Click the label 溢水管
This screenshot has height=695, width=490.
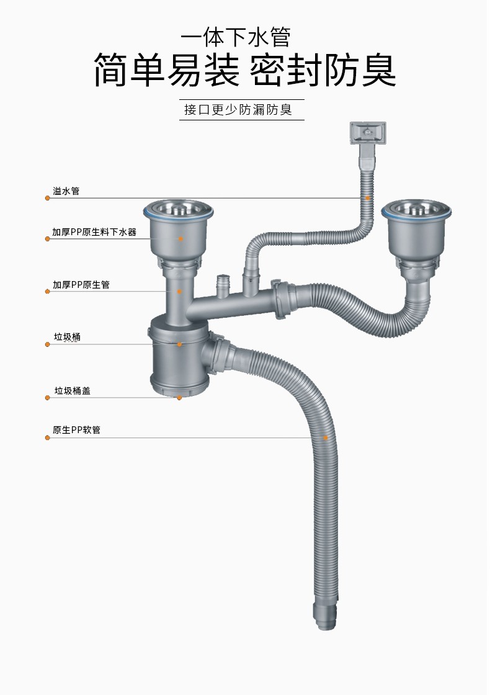(x=66, y=191)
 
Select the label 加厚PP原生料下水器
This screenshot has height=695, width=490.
(x=94, y=233)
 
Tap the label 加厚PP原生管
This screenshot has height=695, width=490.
(x=81, y=285)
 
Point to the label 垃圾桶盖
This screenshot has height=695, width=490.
(x=72, y=391)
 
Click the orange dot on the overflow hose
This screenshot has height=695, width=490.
(x=368, y=198)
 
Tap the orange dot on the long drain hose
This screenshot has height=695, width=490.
(x=326, y=438)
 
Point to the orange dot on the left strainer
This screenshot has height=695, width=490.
(x=181, y=238)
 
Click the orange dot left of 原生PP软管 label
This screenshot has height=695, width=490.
(x=47, y=438)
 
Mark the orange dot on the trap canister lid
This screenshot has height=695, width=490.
(x=180, y=397)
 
